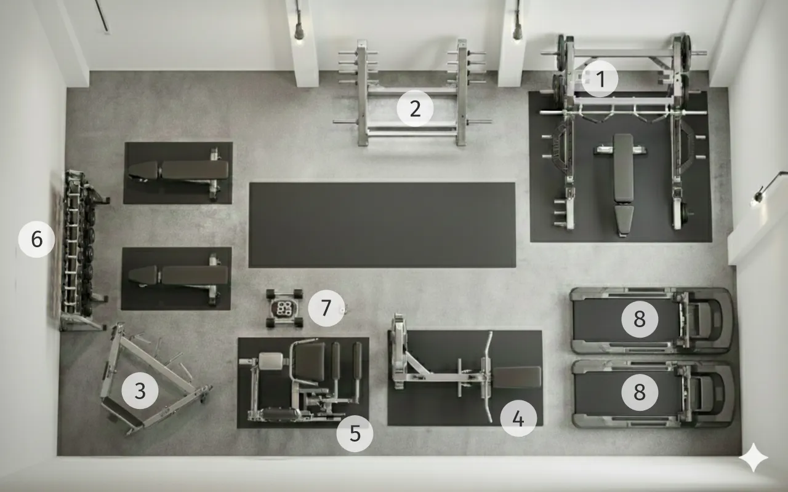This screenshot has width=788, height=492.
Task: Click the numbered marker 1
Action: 600,79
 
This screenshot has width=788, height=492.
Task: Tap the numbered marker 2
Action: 415,108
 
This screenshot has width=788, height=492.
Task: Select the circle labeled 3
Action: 140,391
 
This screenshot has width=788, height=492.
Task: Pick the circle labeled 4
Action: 518,418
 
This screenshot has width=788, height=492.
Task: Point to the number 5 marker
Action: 355,434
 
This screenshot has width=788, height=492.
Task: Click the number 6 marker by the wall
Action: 36,239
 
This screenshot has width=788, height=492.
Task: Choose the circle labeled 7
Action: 326,308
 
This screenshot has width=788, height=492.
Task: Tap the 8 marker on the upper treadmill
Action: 640,319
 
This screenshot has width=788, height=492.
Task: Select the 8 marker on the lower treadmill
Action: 640,392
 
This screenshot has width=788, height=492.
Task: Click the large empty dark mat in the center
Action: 382,225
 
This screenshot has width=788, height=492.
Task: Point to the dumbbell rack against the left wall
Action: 82,250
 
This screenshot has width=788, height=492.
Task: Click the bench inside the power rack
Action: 624,184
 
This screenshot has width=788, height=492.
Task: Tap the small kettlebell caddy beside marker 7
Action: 284,308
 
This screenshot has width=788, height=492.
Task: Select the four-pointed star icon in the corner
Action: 753,458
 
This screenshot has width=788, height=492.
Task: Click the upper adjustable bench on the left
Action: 179,172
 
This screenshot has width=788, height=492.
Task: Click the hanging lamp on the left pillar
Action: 299,31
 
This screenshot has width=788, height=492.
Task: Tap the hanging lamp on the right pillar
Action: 518,31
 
